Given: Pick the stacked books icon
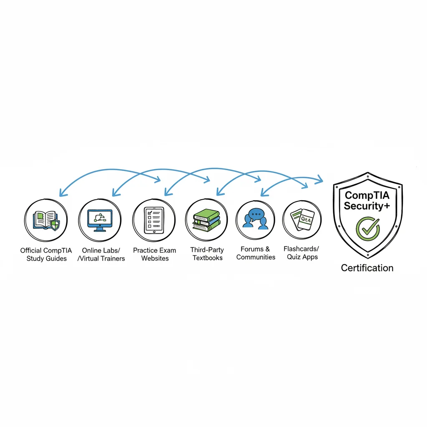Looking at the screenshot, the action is click(206, 220).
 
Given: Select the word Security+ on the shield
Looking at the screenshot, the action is click(367, 206).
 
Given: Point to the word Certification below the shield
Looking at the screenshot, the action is click(367, 268).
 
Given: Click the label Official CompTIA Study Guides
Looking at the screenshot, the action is click(46, 254).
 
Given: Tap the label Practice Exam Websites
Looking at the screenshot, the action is click(155, 254).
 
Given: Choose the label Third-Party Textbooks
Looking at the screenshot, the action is click(207, 254).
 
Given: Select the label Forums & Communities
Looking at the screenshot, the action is click(256, 253).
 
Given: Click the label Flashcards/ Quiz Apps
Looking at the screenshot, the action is click(302, 253).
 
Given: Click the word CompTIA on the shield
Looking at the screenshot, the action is click(367, 195).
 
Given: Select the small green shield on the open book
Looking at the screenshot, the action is click(55, 226).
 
